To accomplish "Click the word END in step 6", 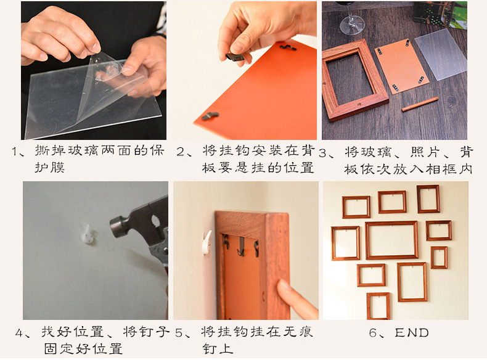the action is click(x=412, y=333).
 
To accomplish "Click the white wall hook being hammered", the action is click(x=86, y=234).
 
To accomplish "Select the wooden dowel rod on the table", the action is click(x=420, y=104).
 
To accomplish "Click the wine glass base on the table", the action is click(x=352, y=26).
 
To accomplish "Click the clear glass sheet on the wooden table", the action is click(x=441, y=54).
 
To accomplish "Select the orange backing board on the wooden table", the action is click(x=401, y=65).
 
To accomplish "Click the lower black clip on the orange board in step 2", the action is click(x=210, y=116).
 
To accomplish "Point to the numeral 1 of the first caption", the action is click(x=14, y=152).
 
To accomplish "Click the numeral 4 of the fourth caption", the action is click(x=19, y=333).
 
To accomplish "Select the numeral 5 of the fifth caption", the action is click(x=179, y=333).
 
